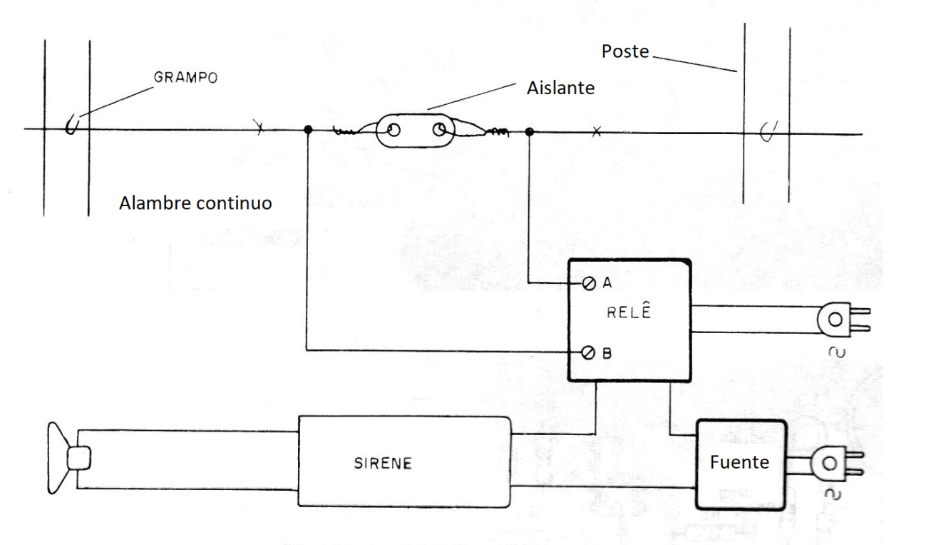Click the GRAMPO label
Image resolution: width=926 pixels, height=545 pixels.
pos(185,77)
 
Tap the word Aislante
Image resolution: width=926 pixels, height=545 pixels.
pos(560,88)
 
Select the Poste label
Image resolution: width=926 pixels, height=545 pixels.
pos(625,51)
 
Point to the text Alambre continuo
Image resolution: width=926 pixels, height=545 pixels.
pos(195,203)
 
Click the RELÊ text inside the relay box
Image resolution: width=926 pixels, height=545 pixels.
pos(629,312)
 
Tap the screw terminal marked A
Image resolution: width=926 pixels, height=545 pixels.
pos(589,283)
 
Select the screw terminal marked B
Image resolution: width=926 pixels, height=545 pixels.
pos(588,353)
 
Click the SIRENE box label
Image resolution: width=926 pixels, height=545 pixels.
pos(383,463)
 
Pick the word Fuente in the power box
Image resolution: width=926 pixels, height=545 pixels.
pos(739,462)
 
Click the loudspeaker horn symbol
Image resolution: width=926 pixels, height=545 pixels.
pos(68,458)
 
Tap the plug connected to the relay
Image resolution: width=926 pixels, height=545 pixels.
pos(844,320)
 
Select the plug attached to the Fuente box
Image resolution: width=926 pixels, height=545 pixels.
pos(837,464)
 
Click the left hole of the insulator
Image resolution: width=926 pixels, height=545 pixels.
pos(393,131)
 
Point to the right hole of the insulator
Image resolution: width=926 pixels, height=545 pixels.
pos(439,131)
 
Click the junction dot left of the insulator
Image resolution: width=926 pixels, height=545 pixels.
pos(308,130)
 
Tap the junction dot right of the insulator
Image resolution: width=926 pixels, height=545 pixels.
pos(530,132)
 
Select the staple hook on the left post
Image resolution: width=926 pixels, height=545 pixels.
pos(72,123)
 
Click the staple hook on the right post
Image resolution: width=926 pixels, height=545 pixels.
pos(768,131)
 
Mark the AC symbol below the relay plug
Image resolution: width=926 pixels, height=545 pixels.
pos(837,352)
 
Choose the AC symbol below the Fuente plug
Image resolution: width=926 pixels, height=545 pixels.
pos(833,494)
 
